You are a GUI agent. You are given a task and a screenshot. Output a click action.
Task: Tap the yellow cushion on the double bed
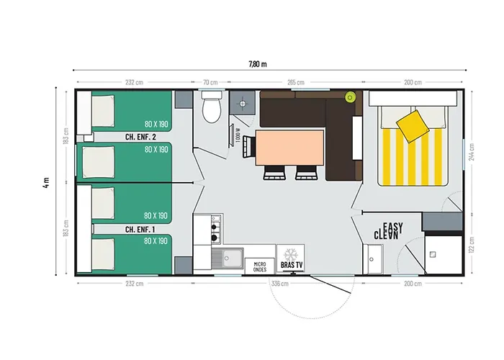click(x=413, y=126)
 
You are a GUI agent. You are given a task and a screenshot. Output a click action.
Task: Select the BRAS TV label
click(x=292, y=265)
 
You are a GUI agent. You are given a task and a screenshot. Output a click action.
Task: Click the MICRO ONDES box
click(x=260, y=266)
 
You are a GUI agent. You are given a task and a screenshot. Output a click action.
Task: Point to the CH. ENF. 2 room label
click(x=140, y=137)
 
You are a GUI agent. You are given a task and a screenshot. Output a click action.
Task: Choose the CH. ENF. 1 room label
click(x=140, y=230)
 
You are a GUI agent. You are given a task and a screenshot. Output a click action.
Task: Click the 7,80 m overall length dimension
click(x=258, y=64)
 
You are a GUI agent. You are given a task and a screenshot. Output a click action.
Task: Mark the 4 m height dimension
click(x=46, y=182)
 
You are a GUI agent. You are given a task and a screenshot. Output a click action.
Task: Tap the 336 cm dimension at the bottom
click(x=279, y=284)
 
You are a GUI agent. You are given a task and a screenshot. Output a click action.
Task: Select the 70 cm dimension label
click(x=210, y=82)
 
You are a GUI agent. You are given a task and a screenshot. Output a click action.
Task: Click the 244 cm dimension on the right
click(x=472, y=152)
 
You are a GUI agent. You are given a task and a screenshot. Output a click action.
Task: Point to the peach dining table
click(x=289, y=148)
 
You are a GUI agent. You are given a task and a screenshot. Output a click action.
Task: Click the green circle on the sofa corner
click(x=350, y=96)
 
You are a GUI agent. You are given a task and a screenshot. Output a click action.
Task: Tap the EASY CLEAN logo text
click(x=388, y=231)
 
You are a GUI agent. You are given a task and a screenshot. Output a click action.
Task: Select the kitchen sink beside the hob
click(x=228, y=258)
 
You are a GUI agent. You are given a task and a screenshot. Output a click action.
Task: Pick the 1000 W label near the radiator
click(x=238, y=135)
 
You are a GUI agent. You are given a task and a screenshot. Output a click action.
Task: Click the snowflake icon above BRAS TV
click(x=291, y=254)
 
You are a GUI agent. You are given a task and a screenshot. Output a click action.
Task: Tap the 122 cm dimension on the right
click(x=472, y=245)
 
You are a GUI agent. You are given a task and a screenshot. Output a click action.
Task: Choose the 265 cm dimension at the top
click(x=296, y=82)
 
